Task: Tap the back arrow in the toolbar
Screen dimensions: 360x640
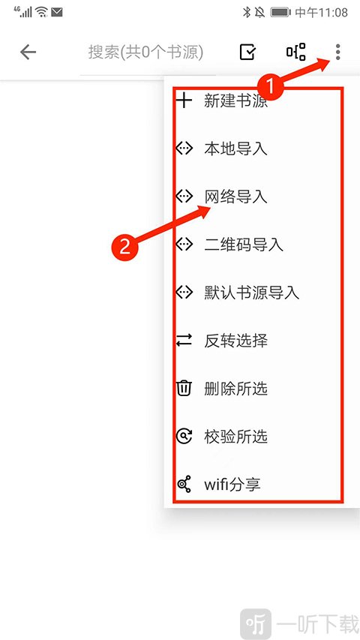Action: coord(28,53)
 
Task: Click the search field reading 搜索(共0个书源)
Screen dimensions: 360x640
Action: coord(145,53)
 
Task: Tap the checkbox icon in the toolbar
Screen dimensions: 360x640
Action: coord(247,53)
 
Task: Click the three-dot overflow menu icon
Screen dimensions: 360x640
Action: coord(337,53)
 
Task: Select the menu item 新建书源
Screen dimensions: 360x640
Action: coord(235,101)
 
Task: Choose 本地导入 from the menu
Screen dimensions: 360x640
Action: coord(235,149)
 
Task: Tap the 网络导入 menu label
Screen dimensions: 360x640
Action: coord(235,197)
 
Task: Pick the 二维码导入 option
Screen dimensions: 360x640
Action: coord(244,245)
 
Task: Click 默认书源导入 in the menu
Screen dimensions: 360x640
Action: coord(251,293)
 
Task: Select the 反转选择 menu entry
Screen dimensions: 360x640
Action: coord(235,341)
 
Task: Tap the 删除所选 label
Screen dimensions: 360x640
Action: coord(235,389)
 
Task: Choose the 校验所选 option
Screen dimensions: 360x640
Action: coord(235,437)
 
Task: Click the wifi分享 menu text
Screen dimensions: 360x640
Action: coord(232,485)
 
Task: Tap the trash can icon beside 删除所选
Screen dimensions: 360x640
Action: coord(184,388)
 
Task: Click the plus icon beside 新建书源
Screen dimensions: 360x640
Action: coord(184,100)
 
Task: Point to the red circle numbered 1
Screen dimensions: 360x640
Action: coord(269,87)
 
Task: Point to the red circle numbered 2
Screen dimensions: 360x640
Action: coord(124,246)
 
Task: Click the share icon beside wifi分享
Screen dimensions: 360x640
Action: coord(184,485)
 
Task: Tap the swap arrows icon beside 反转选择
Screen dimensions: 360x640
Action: coord(184,340)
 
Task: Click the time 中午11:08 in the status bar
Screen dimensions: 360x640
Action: coord(321,13)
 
